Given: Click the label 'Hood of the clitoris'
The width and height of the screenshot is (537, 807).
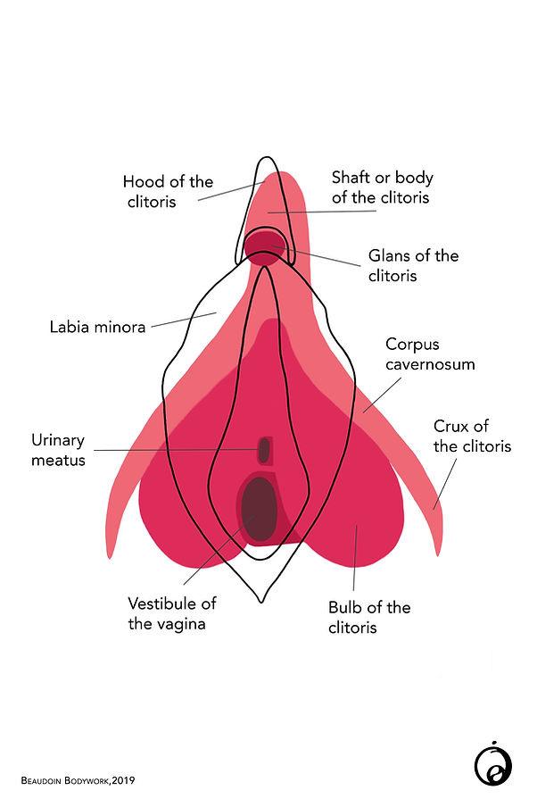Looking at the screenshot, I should click(168, 191).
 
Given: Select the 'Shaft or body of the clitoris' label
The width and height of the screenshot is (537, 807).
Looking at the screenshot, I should click(381, 187).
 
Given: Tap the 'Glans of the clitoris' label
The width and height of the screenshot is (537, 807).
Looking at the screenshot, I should click(413, 265).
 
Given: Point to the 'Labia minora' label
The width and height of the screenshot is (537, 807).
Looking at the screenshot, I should click(97, 327).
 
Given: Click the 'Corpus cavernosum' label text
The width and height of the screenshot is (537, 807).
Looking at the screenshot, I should click(430, 354).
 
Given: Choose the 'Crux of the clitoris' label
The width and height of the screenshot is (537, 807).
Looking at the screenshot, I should click(472, 436).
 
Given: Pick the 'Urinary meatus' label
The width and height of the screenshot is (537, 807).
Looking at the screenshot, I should click(58, 450).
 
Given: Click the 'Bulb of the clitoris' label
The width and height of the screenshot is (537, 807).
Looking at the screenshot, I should click(368, 617).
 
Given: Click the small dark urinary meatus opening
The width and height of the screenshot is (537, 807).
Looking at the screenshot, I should click(264, 450).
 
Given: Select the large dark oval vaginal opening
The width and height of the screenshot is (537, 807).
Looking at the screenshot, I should click(258, 510).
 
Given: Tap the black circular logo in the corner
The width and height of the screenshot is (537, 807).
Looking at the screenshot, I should click(492, 765).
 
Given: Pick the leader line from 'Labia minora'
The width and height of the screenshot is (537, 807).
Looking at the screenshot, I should click(183, 320).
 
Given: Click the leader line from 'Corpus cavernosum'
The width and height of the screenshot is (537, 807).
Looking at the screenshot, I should click(380, 393).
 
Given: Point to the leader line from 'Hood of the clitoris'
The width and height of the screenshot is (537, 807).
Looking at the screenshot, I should click(228, 191).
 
